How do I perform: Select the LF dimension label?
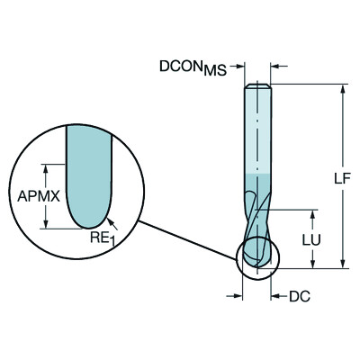(341, 177)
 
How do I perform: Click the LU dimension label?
(309, 239)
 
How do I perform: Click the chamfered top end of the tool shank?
(257, 85)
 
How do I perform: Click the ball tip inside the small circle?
(257, 257)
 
